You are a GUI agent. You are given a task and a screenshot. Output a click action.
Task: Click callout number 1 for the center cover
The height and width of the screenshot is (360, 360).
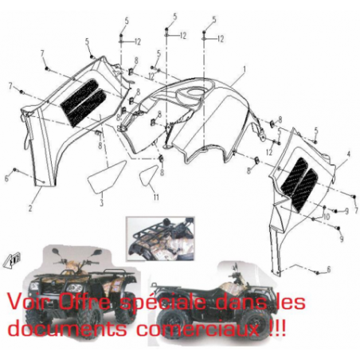(245, 69)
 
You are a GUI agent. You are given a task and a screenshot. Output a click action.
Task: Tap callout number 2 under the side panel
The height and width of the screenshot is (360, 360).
(30, 208)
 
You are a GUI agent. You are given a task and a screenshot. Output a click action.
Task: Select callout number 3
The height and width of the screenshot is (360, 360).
(101, 203)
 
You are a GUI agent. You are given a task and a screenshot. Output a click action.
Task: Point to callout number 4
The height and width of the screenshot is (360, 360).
(348, 154)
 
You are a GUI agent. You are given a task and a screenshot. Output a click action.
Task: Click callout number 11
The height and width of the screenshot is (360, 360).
(156, 197)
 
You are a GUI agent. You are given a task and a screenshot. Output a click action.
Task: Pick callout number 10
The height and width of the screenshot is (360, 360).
(327, 217)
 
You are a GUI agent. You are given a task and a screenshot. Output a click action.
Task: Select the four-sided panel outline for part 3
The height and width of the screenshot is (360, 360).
(106, 176)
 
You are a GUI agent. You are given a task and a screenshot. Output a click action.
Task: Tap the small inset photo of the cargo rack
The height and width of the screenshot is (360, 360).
(160, 239)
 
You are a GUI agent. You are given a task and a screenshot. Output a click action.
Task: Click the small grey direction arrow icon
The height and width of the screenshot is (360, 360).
(12, 260)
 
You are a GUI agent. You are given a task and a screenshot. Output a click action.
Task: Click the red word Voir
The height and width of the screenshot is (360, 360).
(29, 302)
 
